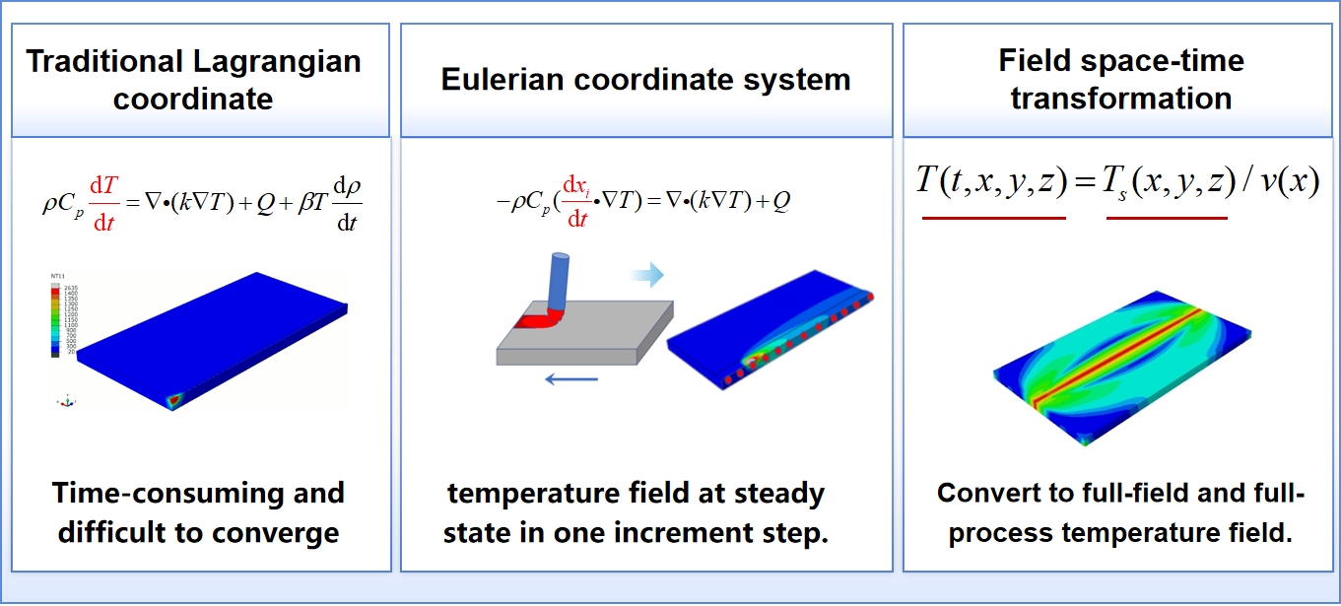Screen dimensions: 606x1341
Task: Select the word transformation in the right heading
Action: (1121, 99)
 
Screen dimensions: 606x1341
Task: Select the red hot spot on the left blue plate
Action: (173, 399)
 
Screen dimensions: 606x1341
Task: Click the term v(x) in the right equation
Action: (1285, 182)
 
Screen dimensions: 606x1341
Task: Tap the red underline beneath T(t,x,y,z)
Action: (993, 217)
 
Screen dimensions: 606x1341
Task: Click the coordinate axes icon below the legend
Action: (67, 401)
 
